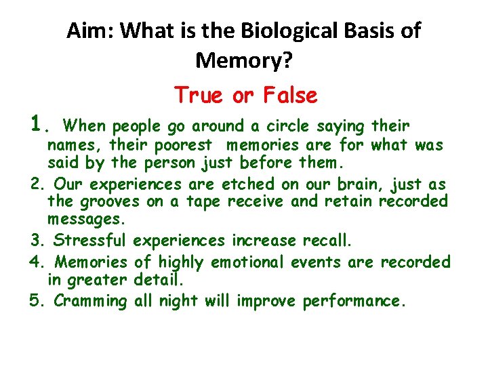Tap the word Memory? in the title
243,61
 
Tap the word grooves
108,201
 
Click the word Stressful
90,241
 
